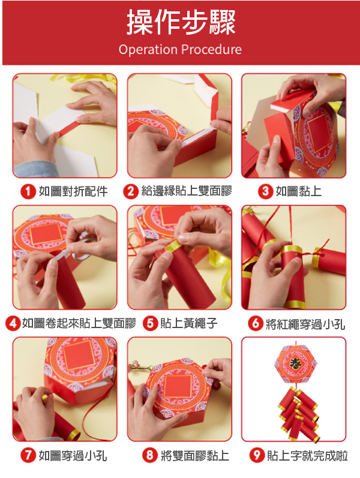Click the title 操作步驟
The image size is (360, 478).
pyautogui.click(x=181, y=22)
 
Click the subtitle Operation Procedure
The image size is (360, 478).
pyautogui.click(x=180, y=49)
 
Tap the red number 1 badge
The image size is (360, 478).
pyautogui.click(x=28, y=192)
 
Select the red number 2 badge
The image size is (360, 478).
pyautogui.click(x=131, y=191)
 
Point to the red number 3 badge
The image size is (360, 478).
pyautogui.click(x=265, y=191)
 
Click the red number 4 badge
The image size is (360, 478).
pyautogui.click(x=13, y=323)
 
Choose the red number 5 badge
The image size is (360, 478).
pyautogui.click(x=150, y=323)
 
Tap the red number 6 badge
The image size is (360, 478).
pyautogui.click(x=256, y=323)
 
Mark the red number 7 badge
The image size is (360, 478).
pyautogui.click(x=28, y=455)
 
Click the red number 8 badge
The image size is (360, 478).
pyautogui.click(x=150, y=455)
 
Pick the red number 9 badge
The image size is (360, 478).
pyautogui.click(x=257, y=455)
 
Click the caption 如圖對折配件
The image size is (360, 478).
pyautogui.click(x=73, y=192)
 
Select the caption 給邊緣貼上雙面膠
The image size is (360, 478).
pyautogui.click(x=187, y=191)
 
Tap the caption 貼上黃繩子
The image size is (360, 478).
pyautogui.click(x=189, y=323)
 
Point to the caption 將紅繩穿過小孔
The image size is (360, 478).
pyautogui.click(x=305, y=323)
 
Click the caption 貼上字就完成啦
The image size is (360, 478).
pyautogui.click(x=307, y=455)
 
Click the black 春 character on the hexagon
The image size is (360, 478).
pyautogui.click(x=295, y=363)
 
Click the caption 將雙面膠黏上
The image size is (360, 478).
pyautogui.click(x=195, y=455)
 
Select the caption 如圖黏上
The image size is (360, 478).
pyautogui.click(x=299, y=191)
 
